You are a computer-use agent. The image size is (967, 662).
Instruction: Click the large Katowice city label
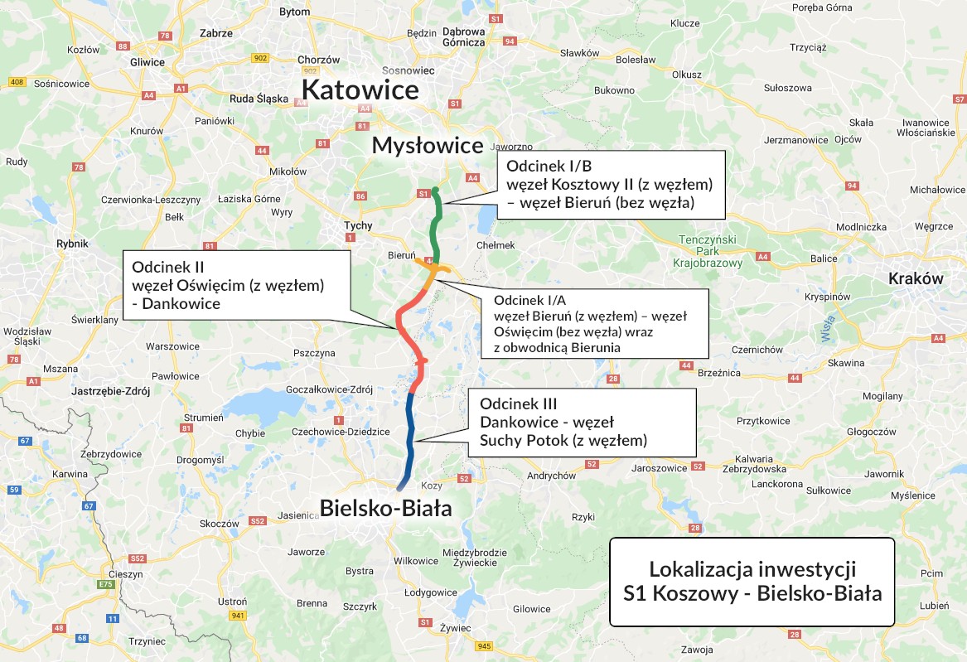click(x=360, y=89)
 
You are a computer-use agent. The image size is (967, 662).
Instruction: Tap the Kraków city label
click(x=916, y=278)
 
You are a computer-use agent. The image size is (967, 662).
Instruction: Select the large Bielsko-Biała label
click(x=387, y=507)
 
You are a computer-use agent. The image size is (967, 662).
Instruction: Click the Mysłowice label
click(x=427, y=146)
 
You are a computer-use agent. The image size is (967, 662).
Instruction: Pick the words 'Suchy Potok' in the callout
click(x=520, y=440)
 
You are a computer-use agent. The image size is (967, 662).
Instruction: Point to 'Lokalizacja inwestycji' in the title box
click(x=752, y=569)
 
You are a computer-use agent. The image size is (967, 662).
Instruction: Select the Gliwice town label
click(x=148, y=61)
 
